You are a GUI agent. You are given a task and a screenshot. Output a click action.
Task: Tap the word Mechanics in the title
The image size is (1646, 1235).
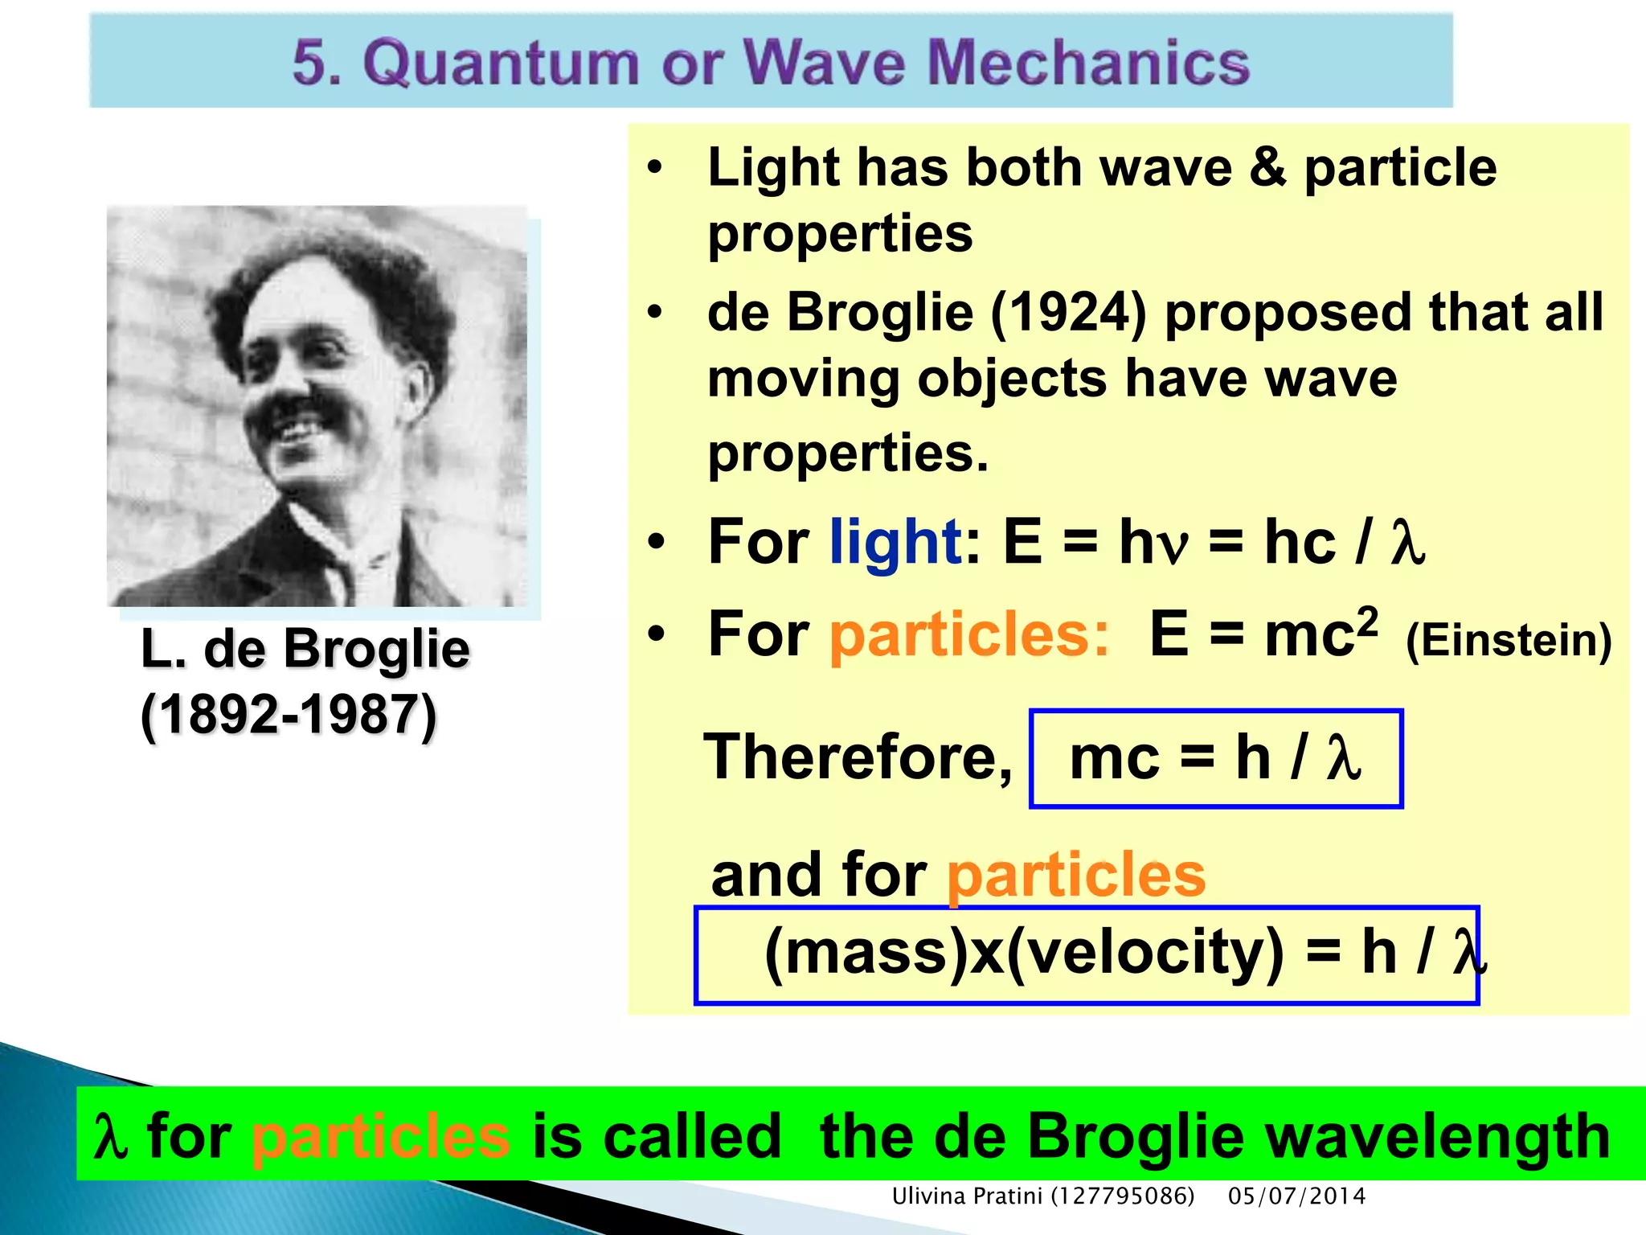point(1088,63)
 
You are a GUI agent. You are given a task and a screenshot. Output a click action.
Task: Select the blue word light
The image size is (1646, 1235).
point(895,543)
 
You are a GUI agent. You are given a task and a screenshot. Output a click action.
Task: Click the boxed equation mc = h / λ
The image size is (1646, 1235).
point(1215,758)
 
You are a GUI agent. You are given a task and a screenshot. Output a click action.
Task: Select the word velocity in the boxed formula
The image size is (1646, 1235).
point(1144,952)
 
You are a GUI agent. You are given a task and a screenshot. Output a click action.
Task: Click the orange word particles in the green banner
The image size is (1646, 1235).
point(381,1137)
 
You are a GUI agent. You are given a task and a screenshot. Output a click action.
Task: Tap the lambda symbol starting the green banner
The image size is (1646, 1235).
point(110,1137)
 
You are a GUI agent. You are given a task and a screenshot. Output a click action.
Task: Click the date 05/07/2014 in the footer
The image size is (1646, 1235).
point(1296,1196)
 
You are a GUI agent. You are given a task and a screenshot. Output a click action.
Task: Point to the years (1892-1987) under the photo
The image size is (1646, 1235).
point(289,715)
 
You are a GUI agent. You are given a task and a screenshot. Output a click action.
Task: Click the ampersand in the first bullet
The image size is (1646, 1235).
point(1267,168)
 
